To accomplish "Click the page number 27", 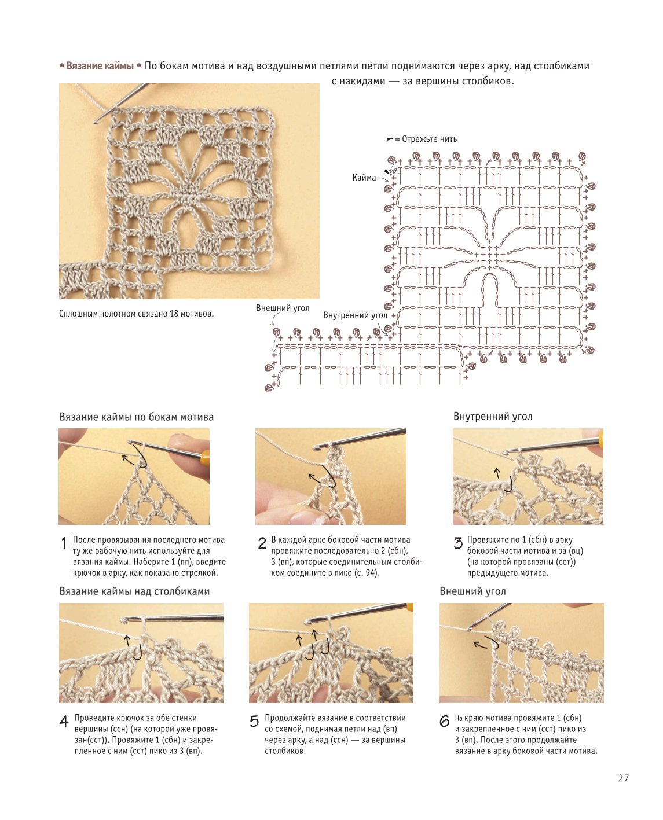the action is click(623, 778).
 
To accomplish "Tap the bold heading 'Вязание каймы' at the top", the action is click(100, 66).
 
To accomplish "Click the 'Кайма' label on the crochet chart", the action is click(364, 178).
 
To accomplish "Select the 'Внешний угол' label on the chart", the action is click(283, 308).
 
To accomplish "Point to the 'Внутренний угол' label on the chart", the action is click(355, 315).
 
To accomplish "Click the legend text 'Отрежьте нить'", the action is click(429, 139).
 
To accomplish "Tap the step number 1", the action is click(64, 543).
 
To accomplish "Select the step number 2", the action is click(262, 543).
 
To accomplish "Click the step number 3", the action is click(458, 543).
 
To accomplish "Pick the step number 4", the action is click(64, 721).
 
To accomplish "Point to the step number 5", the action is click(254, 721).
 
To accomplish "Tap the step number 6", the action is click(444, 721).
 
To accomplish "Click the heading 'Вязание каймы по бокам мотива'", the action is click(137, 417).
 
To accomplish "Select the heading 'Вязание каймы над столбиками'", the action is click(134, 591).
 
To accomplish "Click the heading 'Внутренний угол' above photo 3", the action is click(493, 416).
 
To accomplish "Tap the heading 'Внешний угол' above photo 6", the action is click(472, 591).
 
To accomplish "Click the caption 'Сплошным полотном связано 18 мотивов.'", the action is click(137, 314).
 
